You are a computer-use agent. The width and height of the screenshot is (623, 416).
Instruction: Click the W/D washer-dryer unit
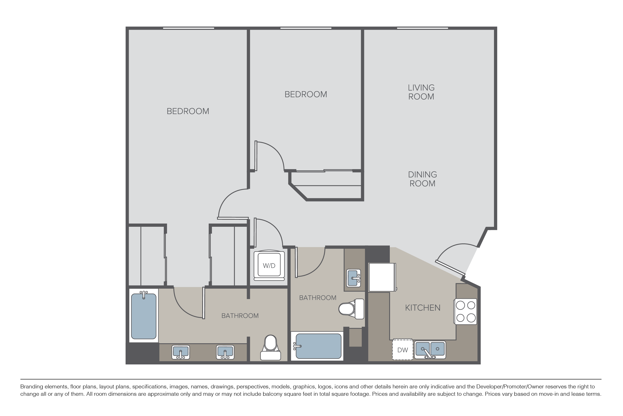269,265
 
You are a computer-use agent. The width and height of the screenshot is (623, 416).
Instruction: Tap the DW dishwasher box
402,350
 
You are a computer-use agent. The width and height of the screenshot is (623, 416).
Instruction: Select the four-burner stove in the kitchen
466,311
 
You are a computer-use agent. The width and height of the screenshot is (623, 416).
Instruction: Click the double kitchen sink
430,350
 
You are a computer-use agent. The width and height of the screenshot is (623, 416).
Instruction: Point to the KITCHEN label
423,308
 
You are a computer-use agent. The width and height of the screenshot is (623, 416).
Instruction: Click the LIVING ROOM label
421,92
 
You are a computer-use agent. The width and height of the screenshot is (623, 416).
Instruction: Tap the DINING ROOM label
422,179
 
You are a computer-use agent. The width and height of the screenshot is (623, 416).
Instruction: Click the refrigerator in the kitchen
382,277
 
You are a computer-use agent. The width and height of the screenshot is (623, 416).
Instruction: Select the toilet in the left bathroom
270,348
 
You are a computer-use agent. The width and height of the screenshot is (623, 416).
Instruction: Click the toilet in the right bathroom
351,309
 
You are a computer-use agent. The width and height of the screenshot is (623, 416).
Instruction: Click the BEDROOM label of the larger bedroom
188,111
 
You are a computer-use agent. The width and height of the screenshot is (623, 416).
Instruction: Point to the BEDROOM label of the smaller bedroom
306,94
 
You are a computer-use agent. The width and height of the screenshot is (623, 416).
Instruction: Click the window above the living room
422,28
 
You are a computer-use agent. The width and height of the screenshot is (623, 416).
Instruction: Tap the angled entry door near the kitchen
450,267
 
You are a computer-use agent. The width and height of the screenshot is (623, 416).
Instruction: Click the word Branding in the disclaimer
31,387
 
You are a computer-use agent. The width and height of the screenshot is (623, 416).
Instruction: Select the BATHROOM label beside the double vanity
240,316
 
